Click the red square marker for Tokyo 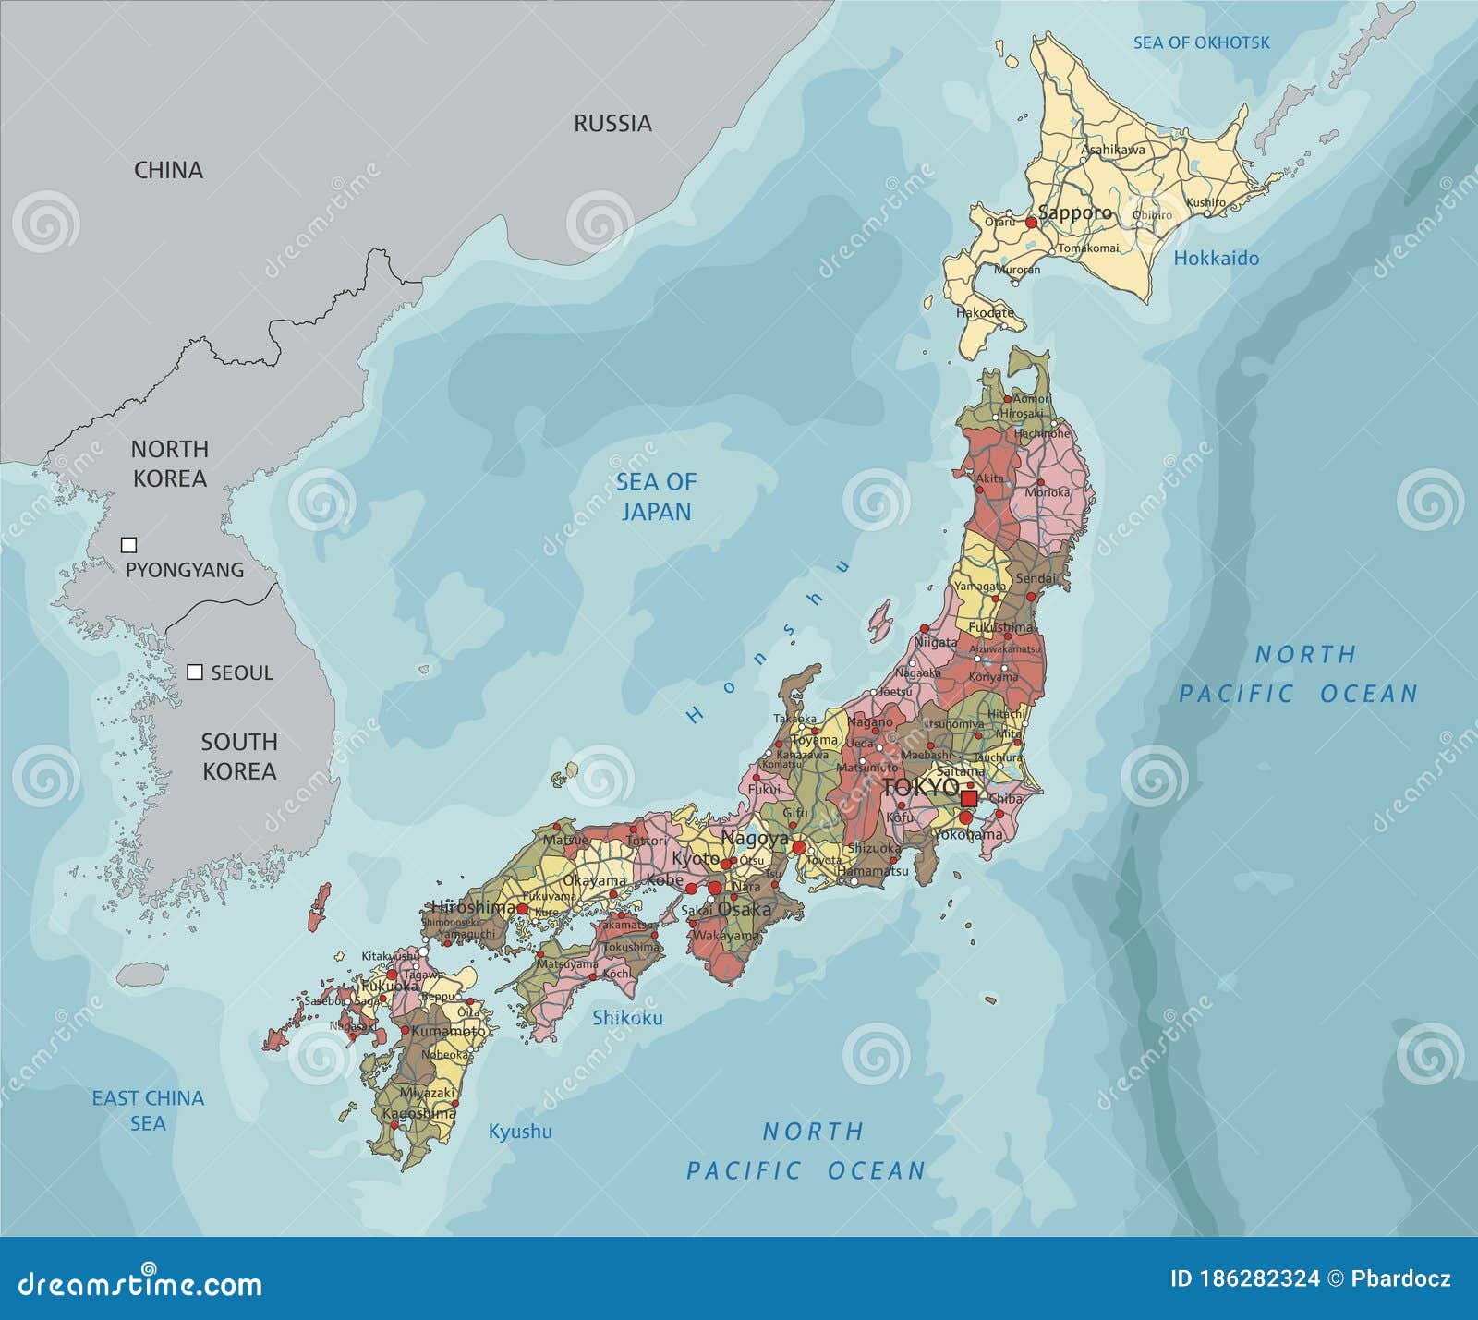969,798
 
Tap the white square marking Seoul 195,672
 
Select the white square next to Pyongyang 129,545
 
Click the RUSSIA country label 612,123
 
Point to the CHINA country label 168,170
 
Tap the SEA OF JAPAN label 656,496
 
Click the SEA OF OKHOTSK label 1201,42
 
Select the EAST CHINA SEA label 148,1110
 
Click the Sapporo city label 1075,212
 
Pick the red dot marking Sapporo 1032,223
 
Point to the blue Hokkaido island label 1216,259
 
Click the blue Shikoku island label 627,1018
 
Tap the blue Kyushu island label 520,1132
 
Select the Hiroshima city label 474,907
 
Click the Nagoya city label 755,839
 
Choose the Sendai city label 1036,578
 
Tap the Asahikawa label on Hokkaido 1112,149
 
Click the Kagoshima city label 418,1113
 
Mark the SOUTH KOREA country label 239,757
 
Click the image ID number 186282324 1244,1278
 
